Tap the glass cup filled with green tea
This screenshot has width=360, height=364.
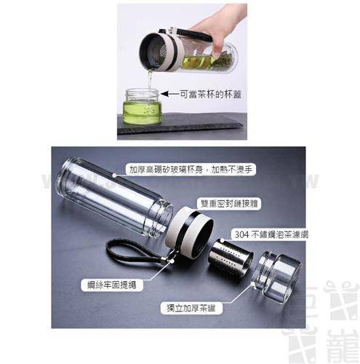coord(143,106)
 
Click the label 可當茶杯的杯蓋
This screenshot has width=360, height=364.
coord(205,93)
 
